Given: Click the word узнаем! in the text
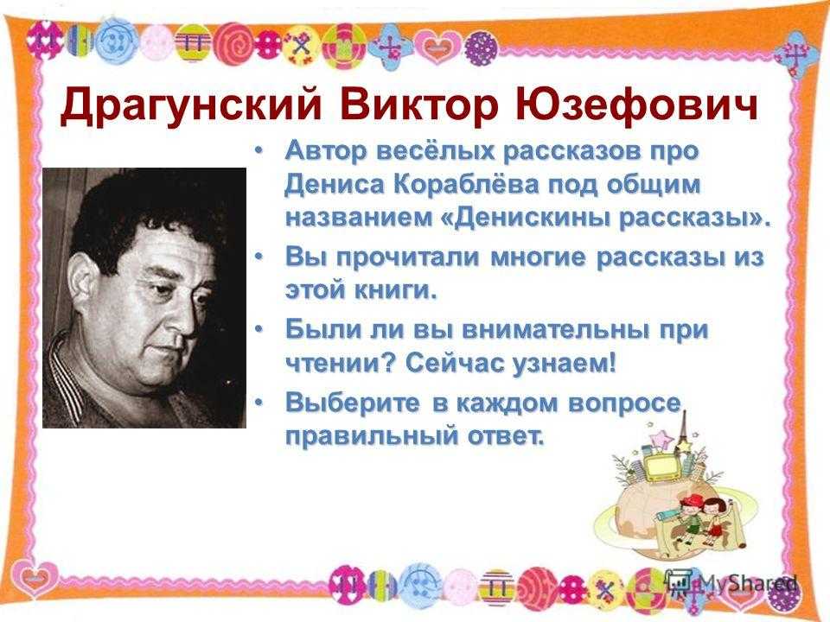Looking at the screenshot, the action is (565, 364).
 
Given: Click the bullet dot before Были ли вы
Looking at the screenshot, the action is (259, 329).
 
